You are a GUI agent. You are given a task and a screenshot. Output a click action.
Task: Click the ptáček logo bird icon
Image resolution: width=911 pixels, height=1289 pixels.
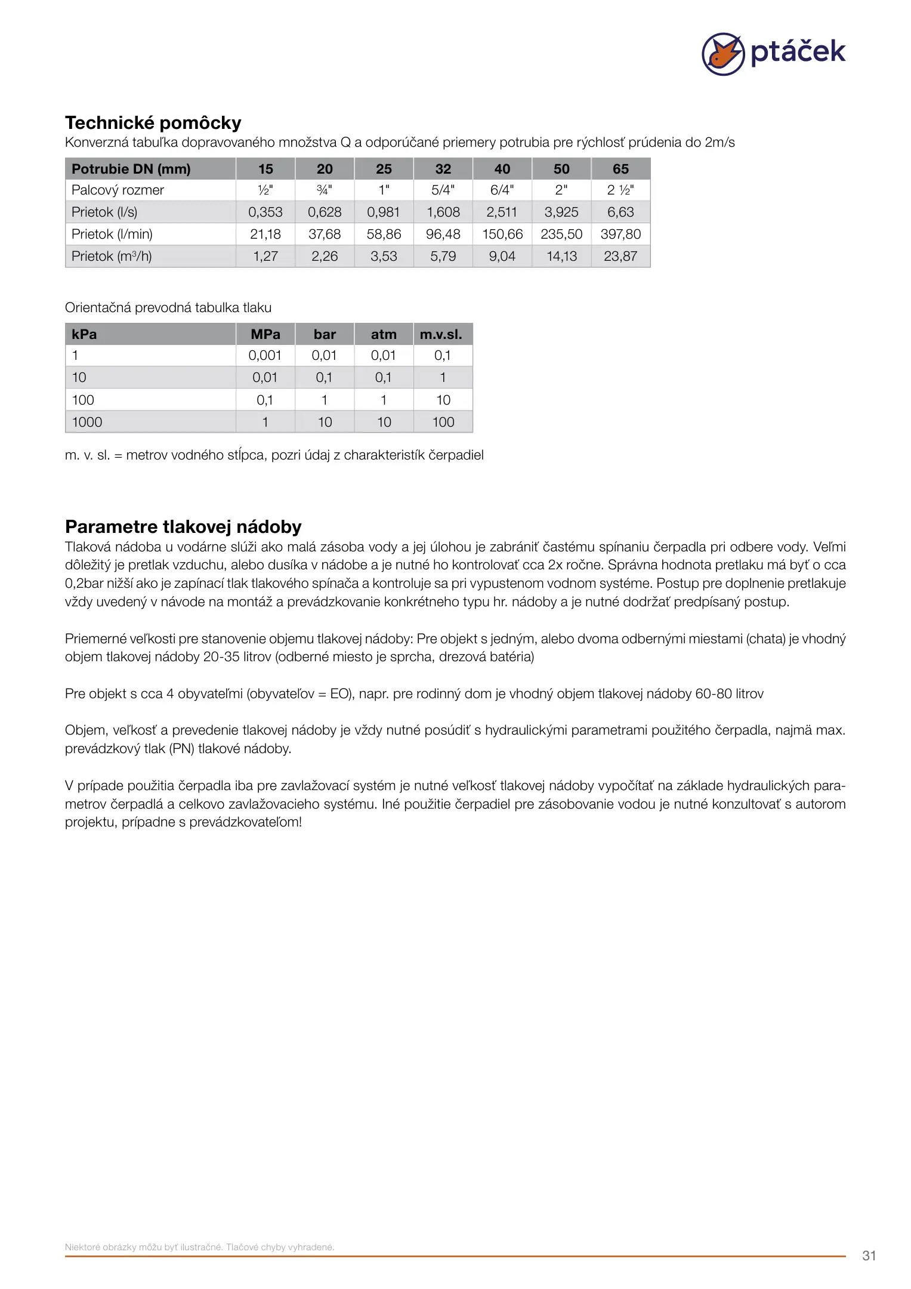pyautogui.click(x=722, y=54)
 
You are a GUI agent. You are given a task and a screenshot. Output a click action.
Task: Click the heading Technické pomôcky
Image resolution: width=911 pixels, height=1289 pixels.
pyautogui.click(x=153, y=123)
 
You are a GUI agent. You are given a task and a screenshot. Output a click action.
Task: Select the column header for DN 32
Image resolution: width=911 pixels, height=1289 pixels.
pyautogui.click(x=443, y=169)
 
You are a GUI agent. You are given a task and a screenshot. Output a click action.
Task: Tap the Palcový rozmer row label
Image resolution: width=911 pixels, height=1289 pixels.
pyautogui.click(x=118, y=190)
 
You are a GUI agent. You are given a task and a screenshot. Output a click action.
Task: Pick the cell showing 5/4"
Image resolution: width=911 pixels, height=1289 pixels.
pyautogui.click(x=443, y=190)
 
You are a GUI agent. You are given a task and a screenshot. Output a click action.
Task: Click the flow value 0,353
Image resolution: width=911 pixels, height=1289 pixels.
pyautogui.click(x=265, y=212)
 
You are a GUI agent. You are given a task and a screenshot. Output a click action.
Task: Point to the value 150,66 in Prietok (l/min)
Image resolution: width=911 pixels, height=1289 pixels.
pyautogui.click(x=502, y=235)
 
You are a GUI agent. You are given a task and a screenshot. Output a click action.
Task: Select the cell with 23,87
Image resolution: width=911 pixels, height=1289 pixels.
pyautogui.click(x=620, y=257)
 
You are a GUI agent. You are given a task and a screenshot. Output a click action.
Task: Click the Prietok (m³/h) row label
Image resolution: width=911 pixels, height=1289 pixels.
pyautogui.click(x=112, y=257)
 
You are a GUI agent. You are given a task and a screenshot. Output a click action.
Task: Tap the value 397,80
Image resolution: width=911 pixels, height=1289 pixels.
pyautogui.click(x=620, y=235)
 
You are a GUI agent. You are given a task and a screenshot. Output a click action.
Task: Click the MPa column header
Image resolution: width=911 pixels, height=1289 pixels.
pyautogui.click(x=265, y=334)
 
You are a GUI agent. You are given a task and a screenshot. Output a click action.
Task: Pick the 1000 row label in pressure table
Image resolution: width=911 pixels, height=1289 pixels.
pyautogui.click(x=87, y=423)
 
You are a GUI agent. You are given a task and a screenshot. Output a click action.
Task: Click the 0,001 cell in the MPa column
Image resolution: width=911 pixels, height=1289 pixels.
pyautogui.click(x=265, y=356)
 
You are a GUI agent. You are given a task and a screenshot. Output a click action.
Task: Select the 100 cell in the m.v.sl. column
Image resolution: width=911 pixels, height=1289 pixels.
pyautogui.click(x=443, y=423)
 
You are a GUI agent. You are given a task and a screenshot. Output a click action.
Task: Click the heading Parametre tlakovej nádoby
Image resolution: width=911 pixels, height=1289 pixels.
pyautogui.click(x=183, y=527)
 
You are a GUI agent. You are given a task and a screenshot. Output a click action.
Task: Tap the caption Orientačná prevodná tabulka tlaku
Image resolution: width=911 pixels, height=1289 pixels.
pyautogui.click(x=168, y=308)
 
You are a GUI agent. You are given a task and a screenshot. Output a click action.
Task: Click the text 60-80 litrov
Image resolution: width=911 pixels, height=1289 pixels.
pyautogui.click(x=729, y=694)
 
